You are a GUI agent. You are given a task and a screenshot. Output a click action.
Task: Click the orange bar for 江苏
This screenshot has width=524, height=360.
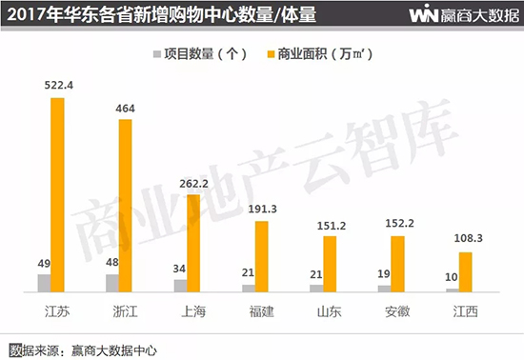pyautogui.click(x=58, y=195)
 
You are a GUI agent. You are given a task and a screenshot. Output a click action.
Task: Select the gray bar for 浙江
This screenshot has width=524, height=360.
pyautogui.click(x=112, y=282)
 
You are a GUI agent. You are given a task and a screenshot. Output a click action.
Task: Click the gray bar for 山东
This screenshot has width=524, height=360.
pyautogui.click(x=316, y=287)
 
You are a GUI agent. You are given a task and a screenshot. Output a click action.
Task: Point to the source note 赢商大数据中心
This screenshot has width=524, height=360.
pyautogui.click(x=113, y=349)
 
